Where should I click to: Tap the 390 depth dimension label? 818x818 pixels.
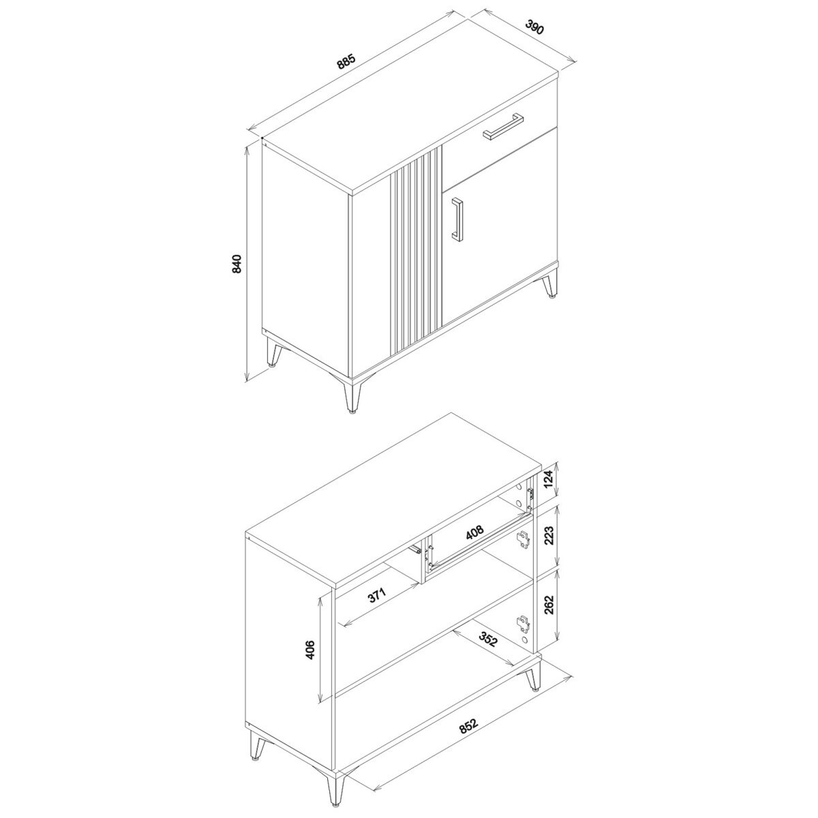pyautogui.click(x=534, y=27)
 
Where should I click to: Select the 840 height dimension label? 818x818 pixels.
pyautogui.click(x=237, y=264)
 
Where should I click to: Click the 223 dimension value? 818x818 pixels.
pyautogui.click(x=549, y=536)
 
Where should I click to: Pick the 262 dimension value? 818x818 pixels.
pyautogui.click(x=549, y=605)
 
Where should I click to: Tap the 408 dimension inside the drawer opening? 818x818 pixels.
pyautogui.click(x=474, y=532)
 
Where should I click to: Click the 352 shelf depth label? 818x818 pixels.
pyautogui.click(x=488, y=651)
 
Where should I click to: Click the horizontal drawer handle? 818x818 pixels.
pyautogui.click(x=503, y=126)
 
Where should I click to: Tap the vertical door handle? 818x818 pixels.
pyautogui.click(x=457, y=220)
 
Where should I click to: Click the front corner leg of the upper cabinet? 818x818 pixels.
pyautogui.click(x=352, y=395)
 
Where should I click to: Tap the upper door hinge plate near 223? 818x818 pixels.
pyautogui.click(x=523, y=540)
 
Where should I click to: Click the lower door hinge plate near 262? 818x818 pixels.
pyautogui.click(x=523, y=623)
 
